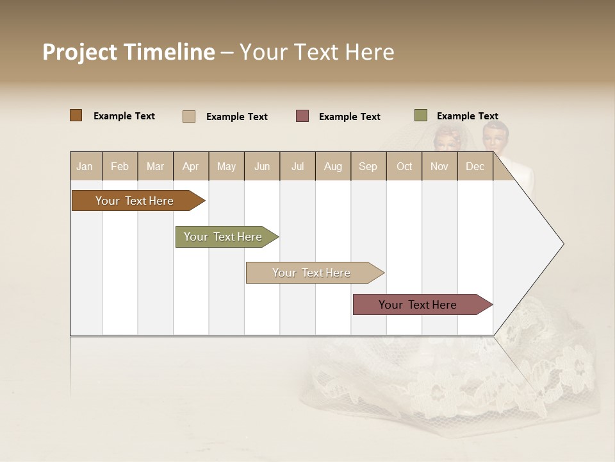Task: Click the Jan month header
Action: click(85, 166)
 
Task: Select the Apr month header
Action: click(190, 166)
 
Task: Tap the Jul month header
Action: click(297, 166)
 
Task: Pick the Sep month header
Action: click(368, 166)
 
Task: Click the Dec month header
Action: click(475, 166)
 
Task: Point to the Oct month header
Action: click(404, 166)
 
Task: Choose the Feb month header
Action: click(120, 166)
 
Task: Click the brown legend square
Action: click(76, 116)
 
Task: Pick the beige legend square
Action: click(189, 116)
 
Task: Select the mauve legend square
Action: click(302, 116)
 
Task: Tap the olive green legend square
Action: click(420, 116)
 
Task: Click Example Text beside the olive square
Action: click(467, 116)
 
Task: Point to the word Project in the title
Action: click(80, 52)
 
